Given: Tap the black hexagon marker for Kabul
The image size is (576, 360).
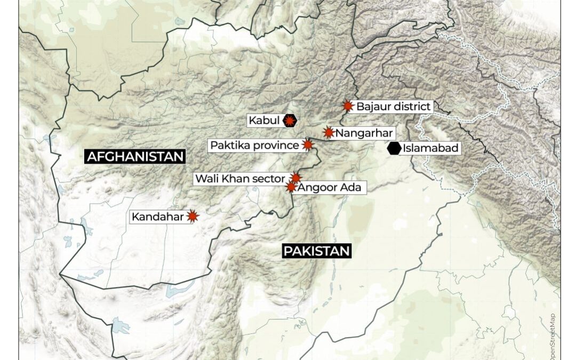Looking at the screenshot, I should pos(290,121).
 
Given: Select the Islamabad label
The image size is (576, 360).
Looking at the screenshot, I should pos(430,148).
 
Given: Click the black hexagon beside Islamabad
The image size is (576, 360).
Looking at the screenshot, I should pos(394,148).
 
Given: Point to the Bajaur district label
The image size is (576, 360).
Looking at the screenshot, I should pos(393,106).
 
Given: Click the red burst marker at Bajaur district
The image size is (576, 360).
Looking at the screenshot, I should pos(348,106).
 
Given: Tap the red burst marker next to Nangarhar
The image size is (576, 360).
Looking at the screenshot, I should pos(329,132).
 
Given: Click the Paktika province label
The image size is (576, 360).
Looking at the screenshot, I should pos(254,145).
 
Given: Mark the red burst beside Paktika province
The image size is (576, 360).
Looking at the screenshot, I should pos(308,145).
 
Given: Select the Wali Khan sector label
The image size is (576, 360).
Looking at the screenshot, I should pos(240,178).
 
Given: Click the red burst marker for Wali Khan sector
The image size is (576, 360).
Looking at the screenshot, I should pos(296,178).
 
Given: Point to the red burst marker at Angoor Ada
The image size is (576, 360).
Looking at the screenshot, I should pos(291,187).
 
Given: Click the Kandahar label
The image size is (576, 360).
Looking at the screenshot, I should pos(158,217).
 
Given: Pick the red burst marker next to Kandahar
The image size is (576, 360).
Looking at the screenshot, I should pos(193,216).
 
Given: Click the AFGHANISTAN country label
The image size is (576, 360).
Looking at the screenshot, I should pos(135,156).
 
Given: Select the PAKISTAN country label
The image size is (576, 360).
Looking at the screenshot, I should pos(316,251).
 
